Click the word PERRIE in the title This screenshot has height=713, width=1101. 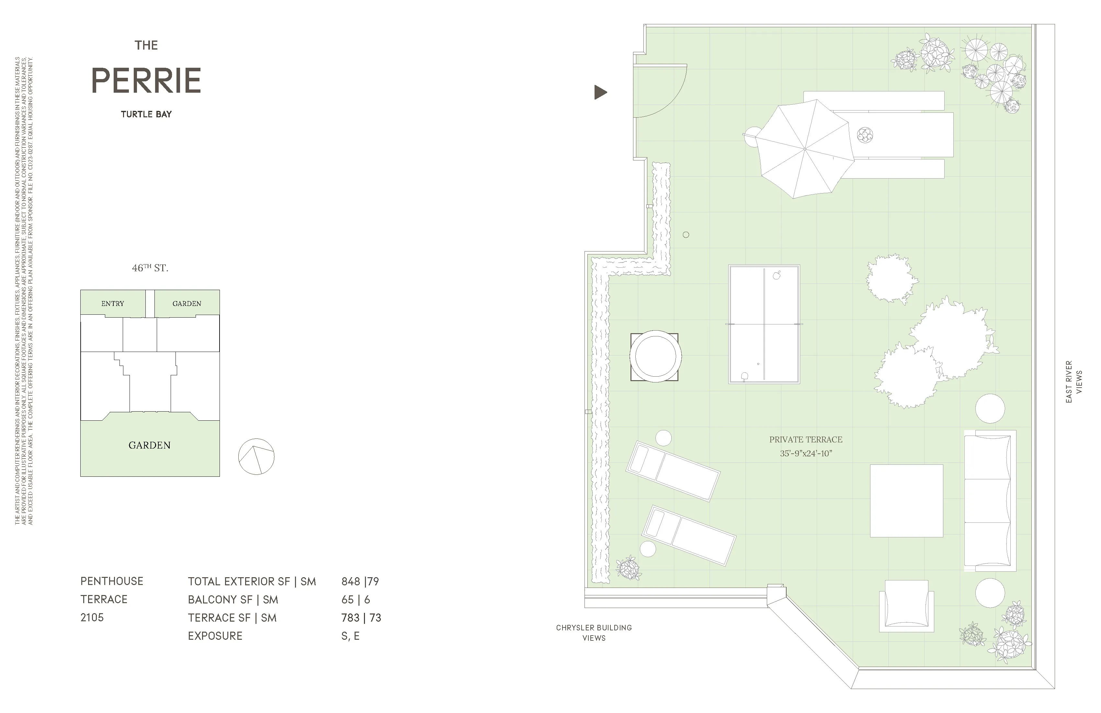coord(146,81)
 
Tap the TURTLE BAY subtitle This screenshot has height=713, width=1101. coord(146,114)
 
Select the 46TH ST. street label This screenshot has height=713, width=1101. coord(150,268)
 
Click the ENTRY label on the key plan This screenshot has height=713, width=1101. coord(112,304)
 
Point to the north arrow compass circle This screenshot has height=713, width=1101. coord(256,457)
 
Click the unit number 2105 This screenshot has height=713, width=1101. coord(92,617)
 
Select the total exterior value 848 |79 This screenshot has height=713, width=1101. coord(360,581)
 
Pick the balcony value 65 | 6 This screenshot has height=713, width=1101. coord(355,600)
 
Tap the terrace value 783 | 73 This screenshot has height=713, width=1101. coord(361,618)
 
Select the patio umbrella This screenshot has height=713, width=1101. coord(805,149)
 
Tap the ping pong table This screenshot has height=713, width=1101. coord(764,324)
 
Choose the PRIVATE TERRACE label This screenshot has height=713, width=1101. coord(805,439)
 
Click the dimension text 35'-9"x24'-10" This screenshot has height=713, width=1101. coord(805,453)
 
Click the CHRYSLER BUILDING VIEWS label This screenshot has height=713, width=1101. coord(594,632)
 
